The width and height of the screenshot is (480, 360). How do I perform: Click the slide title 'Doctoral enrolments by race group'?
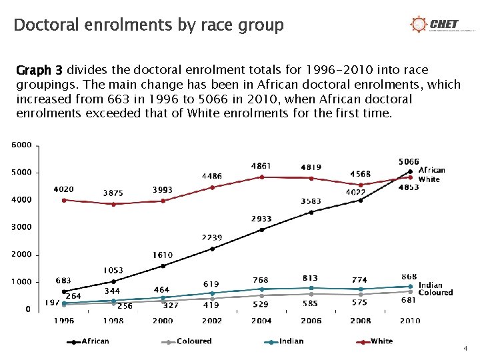149,25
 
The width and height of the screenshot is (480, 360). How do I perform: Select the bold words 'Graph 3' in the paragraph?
39,70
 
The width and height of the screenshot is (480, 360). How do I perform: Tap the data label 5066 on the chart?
409,161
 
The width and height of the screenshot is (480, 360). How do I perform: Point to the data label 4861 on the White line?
261,165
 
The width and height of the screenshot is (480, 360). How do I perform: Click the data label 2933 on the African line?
261,219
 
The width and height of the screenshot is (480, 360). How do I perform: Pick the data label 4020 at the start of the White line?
64,189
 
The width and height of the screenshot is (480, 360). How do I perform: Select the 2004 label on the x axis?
261,321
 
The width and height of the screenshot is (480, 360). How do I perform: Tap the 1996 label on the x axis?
64,321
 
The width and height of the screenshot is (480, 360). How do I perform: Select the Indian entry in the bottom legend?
285,341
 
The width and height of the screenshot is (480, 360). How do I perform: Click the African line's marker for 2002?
212,249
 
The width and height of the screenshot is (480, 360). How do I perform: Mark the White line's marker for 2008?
361,185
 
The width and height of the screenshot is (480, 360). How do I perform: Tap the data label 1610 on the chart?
162,255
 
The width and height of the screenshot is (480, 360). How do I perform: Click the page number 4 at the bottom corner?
465,349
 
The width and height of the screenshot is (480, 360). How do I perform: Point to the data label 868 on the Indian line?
409,276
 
